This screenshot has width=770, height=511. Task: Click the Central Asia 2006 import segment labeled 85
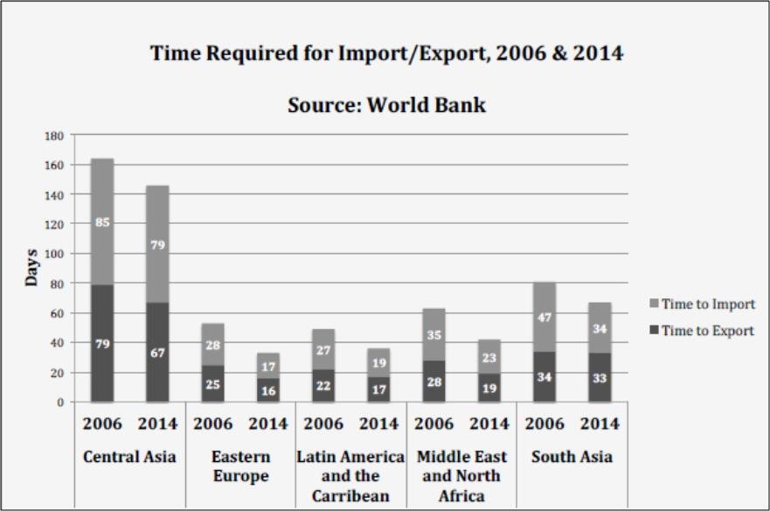tap(102, 222)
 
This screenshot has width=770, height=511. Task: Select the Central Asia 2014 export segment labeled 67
tap(157, 353)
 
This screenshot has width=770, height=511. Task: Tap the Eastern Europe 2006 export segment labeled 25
tap(212, 383)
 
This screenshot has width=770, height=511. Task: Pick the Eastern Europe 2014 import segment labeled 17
tap(268, 367)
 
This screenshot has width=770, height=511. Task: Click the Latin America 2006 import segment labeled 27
tap(323, 350)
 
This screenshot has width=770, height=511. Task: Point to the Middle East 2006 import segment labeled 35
tap(434, 334)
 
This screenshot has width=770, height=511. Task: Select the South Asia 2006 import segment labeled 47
tap(545, 318)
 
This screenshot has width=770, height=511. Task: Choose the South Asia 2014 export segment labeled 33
tap(600, 378)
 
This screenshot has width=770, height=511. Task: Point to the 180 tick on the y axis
tap(53, 136)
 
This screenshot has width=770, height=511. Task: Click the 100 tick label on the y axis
tap(53, 254)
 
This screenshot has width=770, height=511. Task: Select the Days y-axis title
tap(31, 268)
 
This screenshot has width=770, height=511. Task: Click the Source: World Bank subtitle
tap(386, 106)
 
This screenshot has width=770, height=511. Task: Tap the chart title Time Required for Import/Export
tap(386, 53)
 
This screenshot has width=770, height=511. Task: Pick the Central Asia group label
tap(129, 457)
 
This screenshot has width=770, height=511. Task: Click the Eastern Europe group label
tap(241, 466)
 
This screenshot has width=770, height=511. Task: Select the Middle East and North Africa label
tap(461, 476)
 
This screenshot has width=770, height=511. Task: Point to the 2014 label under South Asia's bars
tap(600, 424)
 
